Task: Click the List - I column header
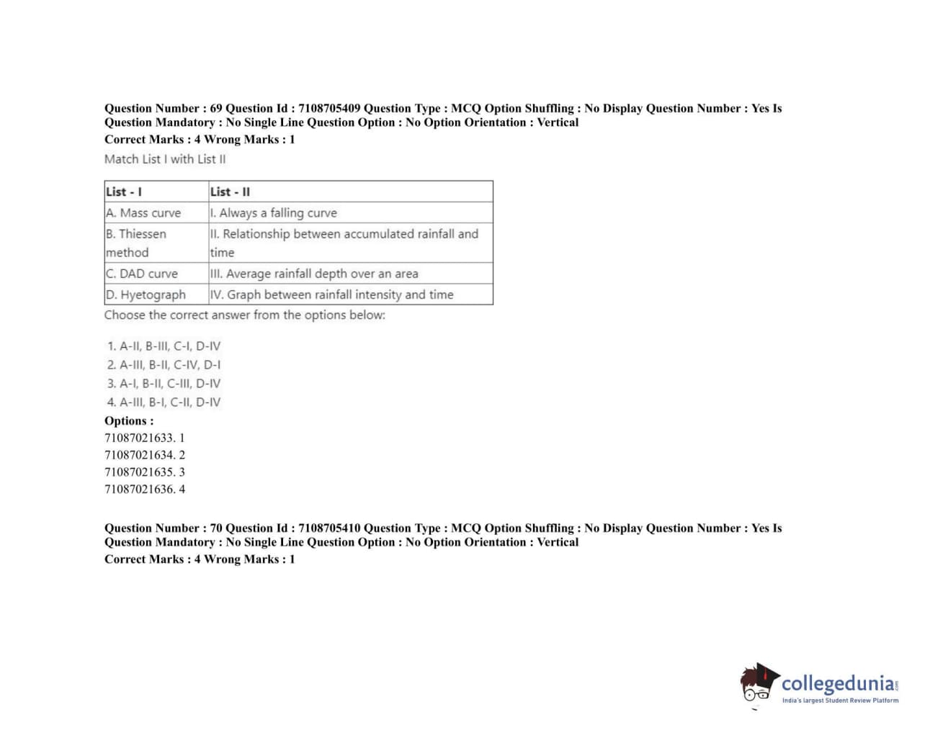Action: click(x=124, y=192)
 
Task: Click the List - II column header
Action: click(x=230, y=192)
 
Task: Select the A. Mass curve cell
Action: click(x=143, y=212)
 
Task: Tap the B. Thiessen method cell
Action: click(x=136, y=243)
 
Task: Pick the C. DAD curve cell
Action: click(x=142, y=274)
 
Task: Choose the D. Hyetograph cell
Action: click(x=146, y=294)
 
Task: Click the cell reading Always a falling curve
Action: click(x=274, y=212)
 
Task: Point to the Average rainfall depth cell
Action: click(x=314, y=274)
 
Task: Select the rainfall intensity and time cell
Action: click(x=332, y=294)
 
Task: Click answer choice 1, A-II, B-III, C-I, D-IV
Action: click(x=164, y=346)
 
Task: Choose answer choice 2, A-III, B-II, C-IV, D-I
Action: click(x=164, y=365)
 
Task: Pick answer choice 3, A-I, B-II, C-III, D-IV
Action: click(x=164, y=384)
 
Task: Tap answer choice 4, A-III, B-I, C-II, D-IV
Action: click(x=164, y=402)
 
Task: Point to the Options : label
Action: click(x=129, y=421)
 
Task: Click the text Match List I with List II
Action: click(x=165, y=159)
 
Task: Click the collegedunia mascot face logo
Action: click(x=759, y=683)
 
